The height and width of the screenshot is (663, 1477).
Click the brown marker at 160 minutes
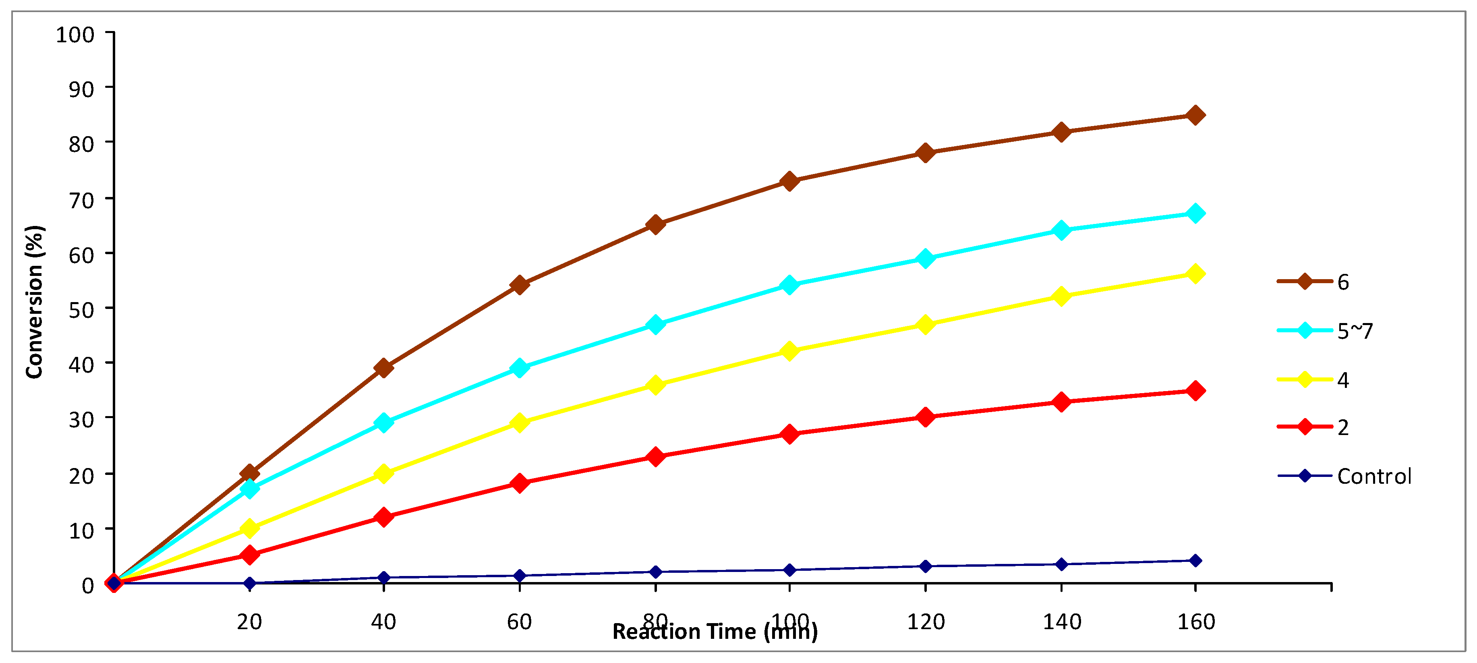pyautogui.click(x=1195, y=115)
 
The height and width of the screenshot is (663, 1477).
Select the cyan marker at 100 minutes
pyautogui.click(x=789, y=284)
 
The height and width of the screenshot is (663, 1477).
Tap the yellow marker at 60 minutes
pyautogui.click(x=520, y=423)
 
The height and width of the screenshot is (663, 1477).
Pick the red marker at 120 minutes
pyautogui.click(x=925, y=417)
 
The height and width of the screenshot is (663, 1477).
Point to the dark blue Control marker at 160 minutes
pyautogui.click(x=1195, y=560)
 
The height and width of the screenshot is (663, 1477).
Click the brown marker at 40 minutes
pyautogui.click(x=383, y=368)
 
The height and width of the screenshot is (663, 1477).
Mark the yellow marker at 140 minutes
pyautogui.click(x=1061, y=296)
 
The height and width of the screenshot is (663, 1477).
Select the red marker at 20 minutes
pyautogui.click(x=249, y=555)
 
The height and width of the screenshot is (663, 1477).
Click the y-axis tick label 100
pyautogui.click(x=75, y=35)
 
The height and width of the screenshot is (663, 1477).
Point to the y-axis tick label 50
pyautogui.click(x=81, y=310)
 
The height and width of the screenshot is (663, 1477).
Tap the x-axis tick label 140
pyautogui.click(x=1061, y=622)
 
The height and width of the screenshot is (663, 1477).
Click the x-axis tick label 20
pyautogui.click(x=249, y=622)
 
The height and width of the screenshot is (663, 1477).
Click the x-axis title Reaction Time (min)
pyautogui.click(x=715, y=632)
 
